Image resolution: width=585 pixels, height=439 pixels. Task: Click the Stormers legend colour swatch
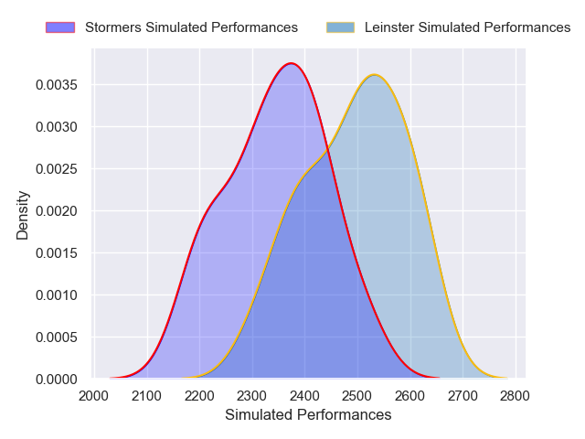pyautogui.click(x=59, y=27)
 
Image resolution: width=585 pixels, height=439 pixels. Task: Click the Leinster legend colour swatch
pyautogui.click(x=340, y=27)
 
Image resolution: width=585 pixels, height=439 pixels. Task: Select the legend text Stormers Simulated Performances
pyautogui.click(x=191, y=27)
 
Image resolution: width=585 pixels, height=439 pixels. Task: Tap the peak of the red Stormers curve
pyautogui.click(x=291, y=63)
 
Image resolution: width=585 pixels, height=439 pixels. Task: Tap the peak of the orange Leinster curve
pyautogui.click(x=374, y=75)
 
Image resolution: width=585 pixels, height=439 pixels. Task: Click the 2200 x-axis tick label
pyautogui.click(x=200, y=396)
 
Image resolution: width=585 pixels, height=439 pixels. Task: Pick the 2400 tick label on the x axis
pyautogui.click(x=305, y=396)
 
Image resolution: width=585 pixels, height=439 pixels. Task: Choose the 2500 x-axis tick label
pyautogui.click(x=357, y=396)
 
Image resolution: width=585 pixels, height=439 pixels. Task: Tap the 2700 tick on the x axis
pyautogui.click(x=463, y=396)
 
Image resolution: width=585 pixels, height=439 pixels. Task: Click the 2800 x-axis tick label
pyautogui.click(x=516, y=396)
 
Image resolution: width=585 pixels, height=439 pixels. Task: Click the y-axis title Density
pyautogui.click(x=23, y=215)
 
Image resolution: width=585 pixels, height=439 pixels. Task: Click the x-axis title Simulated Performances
pyautogui.click(x=308, y=415)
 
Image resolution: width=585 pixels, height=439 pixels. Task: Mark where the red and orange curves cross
pyautogui.click(x=326, y=149)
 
